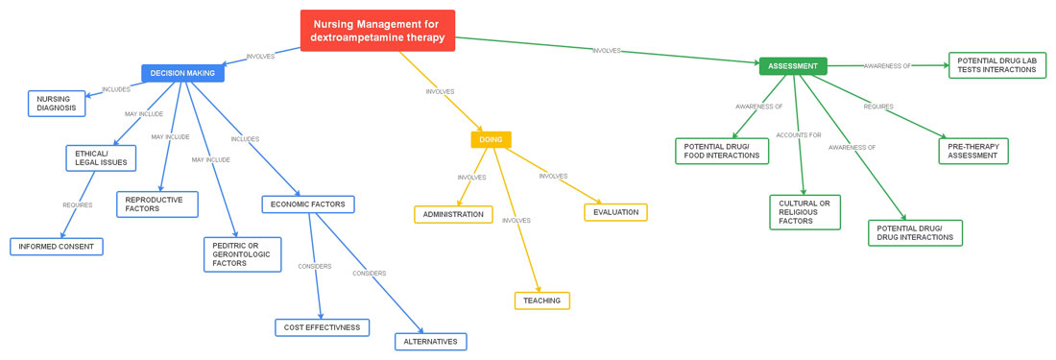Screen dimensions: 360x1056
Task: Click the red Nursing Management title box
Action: [x=377, y=31]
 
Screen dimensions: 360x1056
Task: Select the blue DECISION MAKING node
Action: [x=182, y=73]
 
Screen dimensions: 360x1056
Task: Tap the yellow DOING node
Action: [x=491, y=139]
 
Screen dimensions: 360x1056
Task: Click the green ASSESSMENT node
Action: [x=793, y=66]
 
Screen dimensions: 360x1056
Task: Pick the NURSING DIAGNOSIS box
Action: [x=57, y=103]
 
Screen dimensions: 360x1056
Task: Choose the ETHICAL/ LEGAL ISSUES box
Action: [x=101, y=158]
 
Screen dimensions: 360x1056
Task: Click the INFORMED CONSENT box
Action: [x=57, y=247]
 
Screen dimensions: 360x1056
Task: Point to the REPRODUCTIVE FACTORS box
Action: [x=157, y=204]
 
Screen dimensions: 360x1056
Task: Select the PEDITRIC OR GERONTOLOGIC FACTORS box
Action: [x=243, y=254]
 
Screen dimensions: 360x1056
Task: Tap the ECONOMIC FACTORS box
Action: [x=308, y=204]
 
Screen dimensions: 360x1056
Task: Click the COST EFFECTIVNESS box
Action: [x=323, y=327]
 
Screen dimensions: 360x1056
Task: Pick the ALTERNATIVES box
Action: [x=431, y=342]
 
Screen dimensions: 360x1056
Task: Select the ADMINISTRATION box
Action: [x=453, y=214]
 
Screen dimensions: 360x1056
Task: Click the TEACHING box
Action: [x=542, y=300]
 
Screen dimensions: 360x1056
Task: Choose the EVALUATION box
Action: [x=615, y=212]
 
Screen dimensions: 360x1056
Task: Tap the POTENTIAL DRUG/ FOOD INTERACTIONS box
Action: [x=722, y=151]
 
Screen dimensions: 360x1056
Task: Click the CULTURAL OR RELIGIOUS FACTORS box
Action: [x=804, y=212]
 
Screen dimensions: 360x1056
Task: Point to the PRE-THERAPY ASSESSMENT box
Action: [x=973, y=151]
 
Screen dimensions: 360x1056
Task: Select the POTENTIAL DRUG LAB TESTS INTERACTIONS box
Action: [x=997, y=65]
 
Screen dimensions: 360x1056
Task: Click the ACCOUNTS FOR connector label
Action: [x=799, y=135]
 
